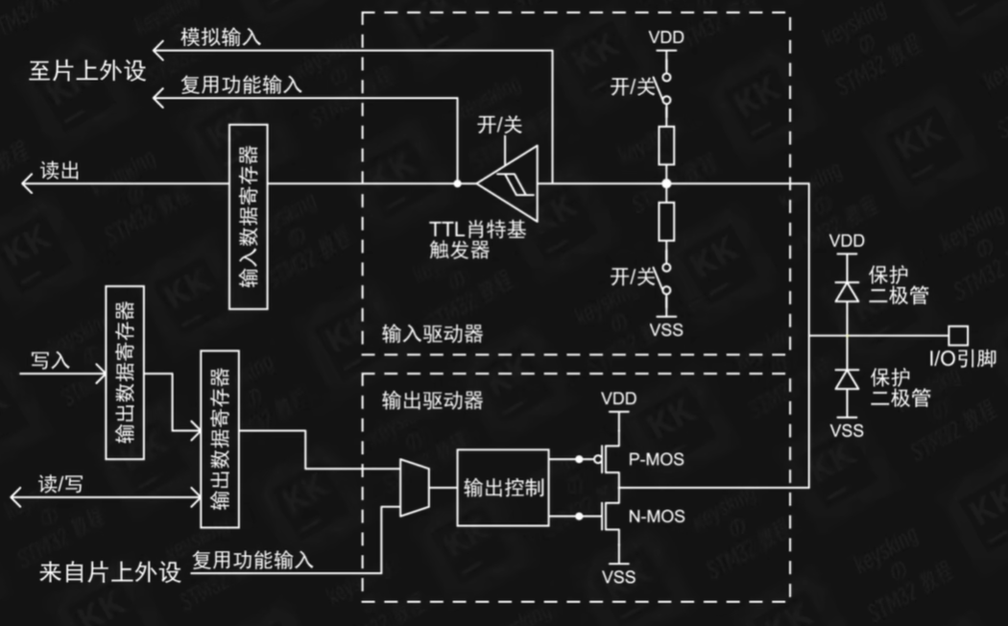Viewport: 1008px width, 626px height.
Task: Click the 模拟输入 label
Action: (x=221, y=36)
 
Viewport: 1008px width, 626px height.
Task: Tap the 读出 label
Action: (x=60, y=170)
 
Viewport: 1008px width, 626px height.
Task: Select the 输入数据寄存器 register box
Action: (x=250, y=217)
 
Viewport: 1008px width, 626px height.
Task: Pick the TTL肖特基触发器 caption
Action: (x=477, y=239)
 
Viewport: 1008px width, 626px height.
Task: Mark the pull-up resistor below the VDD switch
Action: (x=666, y=144)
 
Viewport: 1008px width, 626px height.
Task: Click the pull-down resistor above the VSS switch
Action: (x=666, y=220)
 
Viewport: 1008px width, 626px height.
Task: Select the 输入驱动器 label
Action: (x=432, y=334)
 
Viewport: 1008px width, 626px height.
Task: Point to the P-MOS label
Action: (x=656, y=460)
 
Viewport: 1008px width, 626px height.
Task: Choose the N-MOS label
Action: (x=656, y=517)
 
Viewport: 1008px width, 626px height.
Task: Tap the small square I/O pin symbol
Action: (x=957, y=335)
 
